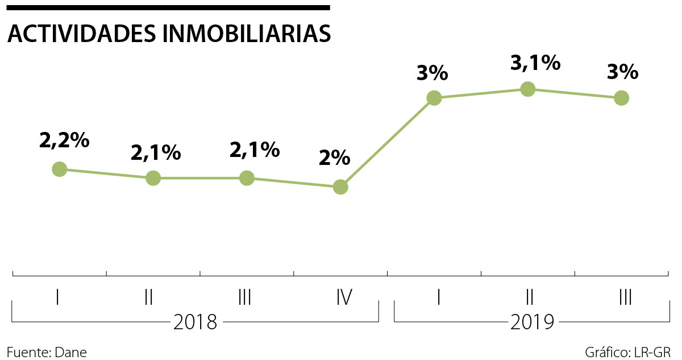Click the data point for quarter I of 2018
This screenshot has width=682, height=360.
click(59, 169)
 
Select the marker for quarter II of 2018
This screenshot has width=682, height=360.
click(153, 178)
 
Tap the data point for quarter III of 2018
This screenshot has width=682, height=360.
click(247, 178)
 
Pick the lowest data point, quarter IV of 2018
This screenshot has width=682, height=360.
click(340, 187)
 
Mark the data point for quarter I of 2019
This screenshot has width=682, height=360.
click(434, 98)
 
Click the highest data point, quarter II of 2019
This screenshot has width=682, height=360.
click(528, 89)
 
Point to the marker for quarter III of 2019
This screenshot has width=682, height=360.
click(622, 98)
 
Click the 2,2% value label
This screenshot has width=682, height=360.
click(64, 140)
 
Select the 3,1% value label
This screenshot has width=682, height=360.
click(535, 63)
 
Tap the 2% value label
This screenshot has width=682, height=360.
click(334, 158)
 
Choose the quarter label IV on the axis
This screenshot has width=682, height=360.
click(343, 297)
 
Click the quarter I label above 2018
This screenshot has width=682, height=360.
click(58, 297)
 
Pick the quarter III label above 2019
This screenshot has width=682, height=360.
click(625, 297)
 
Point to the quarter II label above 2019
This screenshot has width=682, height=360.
click(530, 297)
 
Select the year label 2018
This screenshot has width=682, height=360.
click(195, 322)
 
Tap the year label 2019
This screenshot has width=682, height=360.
click(532, 322)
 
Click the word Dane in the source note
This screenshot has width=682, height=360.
click(71, 351)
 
